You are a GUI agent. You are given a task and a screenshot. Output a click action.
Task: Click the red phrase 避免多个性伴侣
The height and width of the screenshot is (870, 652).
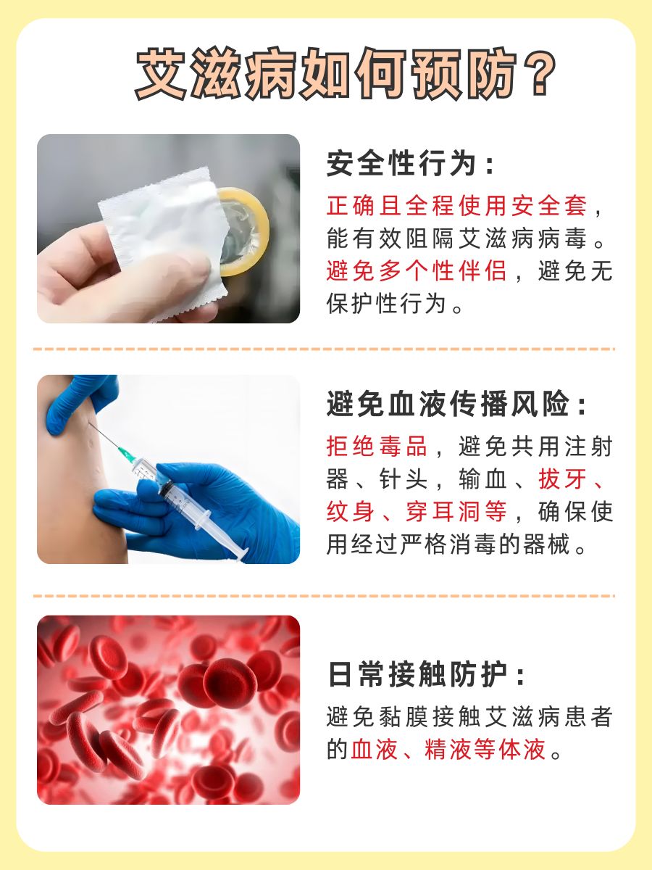(417, 271)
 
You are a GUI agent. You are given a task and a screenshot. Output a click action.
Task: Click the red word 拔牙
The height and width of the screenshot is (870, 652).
(561, 479)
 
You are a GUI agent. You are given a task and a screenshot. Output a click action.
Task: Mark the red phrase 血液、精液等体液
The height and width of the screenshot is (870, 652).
(448, 749)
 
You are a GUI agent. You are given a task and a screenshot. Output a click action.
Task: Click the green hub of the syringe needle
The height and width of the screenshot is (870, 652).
(128, 455)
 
